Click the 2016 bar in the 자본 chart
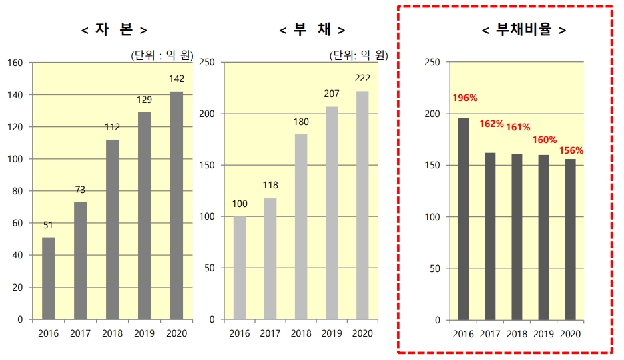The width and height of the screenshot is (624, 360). [x=48, y=278]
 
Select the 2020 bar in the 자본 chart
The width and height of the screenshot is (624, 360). [x=176, y=206]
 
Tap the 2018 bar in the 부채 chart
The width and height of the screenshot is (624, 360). [x=301, y=226]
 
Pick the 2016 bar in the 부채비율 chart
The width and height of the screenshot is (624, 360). [x=463, y=218]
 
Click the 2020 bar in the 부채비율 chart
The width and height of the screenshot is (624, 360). [x=570, y=238]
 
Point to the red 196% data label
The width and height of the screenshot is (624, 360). [x=464, y=98]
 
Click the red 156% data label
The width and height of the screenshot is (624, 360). [x=572, y=150]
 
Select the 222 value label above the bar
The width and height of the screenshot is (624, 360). [x=362, y=78]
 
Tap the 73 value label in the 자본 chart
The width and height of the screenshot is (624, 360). [x=80, y=190]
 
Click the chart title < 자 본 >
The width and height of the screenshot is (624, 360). [x=114, y=29]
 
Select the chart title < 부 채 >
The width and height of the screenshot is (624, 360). [x=312, y=29]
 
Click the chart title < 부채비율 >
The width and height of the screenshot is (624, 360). [x=524, y=29]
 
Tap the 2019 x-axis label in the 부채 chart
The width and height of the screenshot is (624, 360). [x=332, y=333]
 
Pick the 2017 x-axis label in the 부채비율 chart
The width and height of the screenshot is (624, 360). [x=490, y=333]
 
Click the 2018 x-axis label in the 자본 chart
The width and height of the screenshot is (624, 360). [x=112, y=333]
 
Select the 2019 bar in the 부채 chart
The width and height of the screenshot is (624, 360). [x=332, y=212]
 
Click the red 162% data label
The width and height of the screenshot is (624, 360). [x=491, y=124]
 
